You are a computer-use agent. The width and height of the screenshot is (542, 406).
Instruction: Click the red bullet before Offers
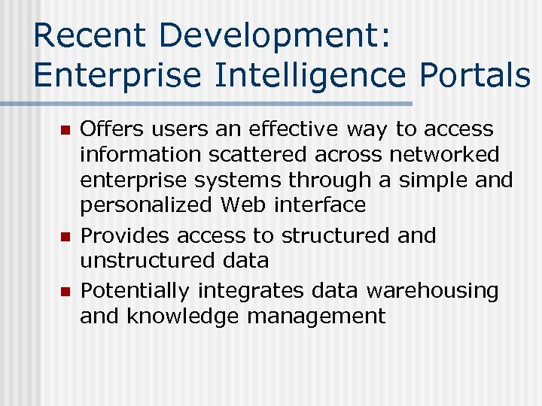[x=65, y=131]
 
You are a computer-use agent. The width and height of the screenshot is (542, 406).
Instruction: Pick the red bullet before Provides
[x=65, y=237]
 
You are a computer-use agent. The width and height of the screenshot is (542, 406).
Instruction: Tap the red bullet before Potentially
[x=65, y=292]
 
